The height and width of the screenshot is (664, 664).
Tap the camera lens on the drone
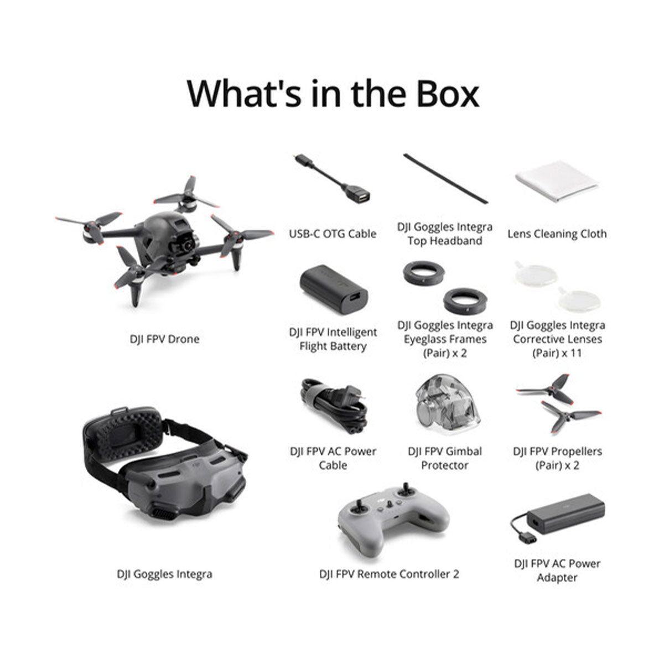point(189,244)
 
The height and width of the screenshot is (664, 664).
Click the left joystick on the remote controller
point(360,505)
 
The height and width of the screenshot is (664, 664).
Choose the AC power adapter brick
point(564,514)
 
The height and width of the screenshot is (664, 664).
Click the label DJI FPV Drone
point(164,339)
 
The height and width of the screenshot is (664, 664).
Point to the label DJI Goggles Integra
point(164,574)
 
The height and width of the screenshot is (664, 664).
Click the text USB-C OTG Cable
point(333,234)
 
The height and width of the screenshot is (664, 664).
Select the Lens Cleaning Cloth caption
point(557,234)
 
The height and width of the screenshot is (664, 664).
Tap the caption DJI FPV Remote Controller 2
point(389,574)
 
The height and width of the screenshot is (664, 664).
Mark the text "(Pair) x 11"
point(557,353)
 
